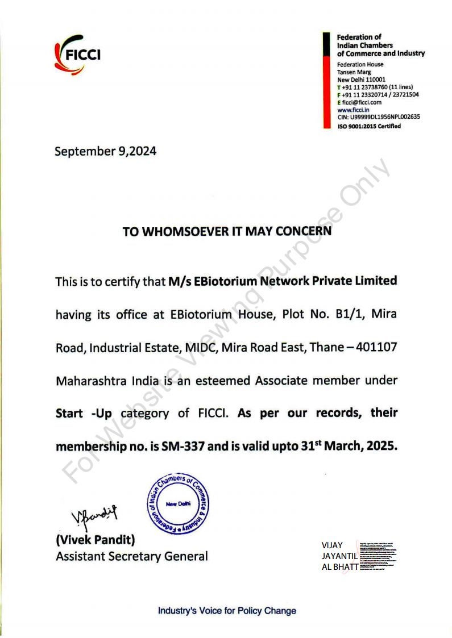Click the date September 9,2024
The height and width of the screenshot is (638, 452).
(105, 152)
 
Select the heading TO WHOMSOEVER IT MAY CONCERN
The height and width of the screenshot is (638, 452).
(227, 232)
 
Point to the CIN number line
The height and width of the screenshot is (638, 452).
(379, 117)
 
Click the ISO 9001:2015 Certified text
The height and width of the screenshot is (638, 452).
(369, 126)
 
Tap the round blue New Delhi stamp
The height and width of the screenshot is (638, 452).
(178, 504)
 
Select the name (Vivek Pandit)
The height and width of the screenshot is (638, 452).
(95, 539)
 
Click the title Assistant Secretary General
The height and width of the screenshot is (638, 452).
(131, 556)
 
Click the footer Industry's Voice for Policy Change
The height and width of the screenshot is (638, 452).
(227, 611)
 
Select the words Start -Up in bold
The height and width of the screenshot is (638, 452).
(84, 413)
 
